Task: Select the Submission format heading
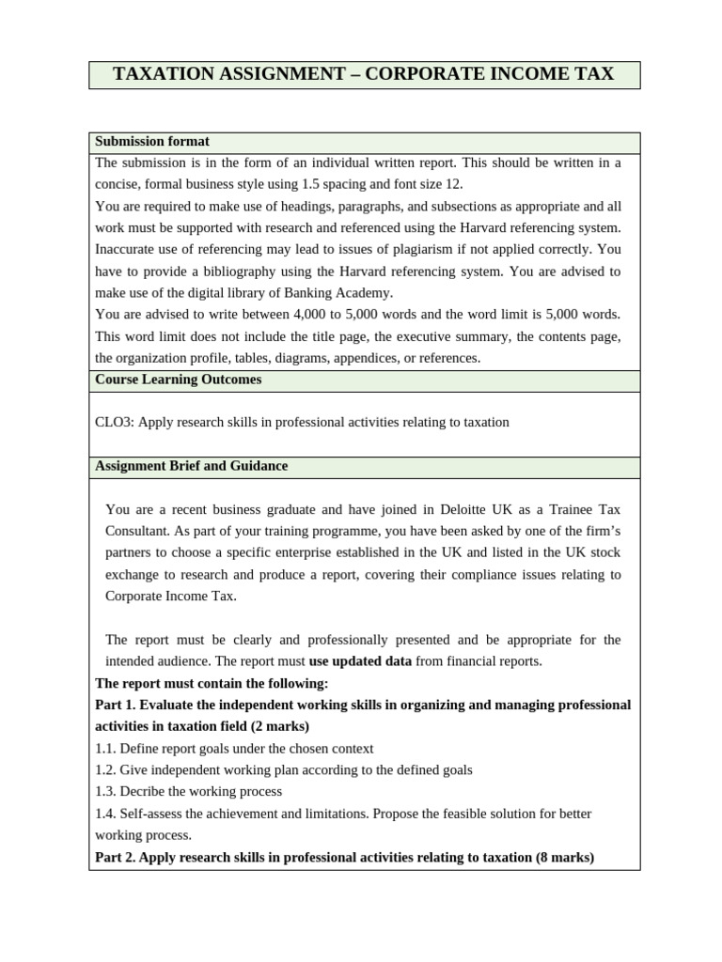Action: tap(152, 142)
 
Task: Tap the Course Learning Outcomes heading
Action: tap(179, 380)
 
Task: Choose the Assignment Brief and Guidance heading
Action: tap(192, 466)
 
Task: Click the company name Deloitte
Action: tap(464, 509)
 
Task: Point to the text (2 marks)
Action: tap(281, 726)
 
